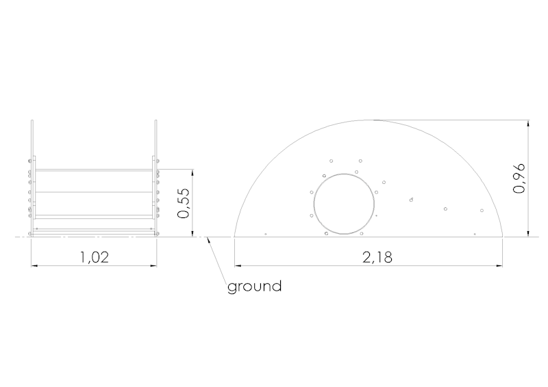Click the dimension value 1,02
(95, 258)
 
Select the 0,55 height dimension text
(183, 203)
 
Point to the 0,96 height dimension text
(519, 178)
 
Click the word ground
(254, 286)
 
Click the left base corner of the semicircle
(235, 237)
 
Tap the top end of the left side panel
(32, 122)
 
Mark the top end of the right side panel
(156, 122)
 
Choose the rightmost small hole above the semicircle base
(482, 211)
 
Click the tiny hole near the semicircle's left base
(265, 234)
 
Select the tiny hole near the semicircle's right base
(473, 234)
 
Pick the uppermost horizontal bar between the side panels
(94, 170)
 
